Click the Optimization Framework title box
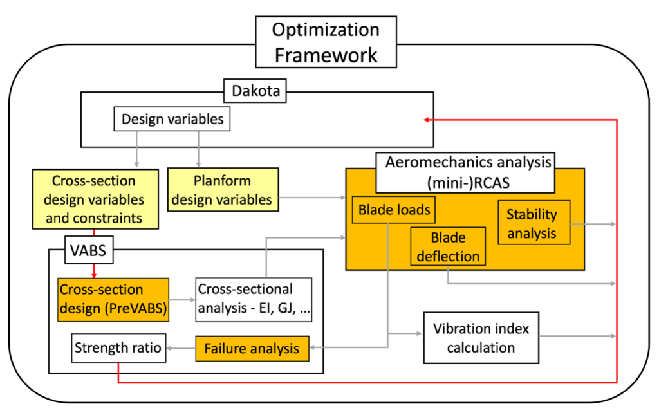[x=326, y=42]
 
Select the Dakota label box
[x=255, y=91]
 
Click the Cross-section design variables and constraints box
[x=95, y=199]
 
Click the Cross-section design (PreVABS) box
[x=113, y=299]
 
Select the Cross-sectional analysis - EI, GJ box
[x=254, y=299]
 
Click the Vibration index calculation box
[x=481, y=338]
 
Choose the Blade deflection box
[x=447, y=246]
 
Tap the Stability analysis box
[x=534, y=223]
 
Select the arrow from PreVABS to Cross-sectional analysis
[x=181, y=299]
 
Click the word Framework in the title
[x=326, y=55]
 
